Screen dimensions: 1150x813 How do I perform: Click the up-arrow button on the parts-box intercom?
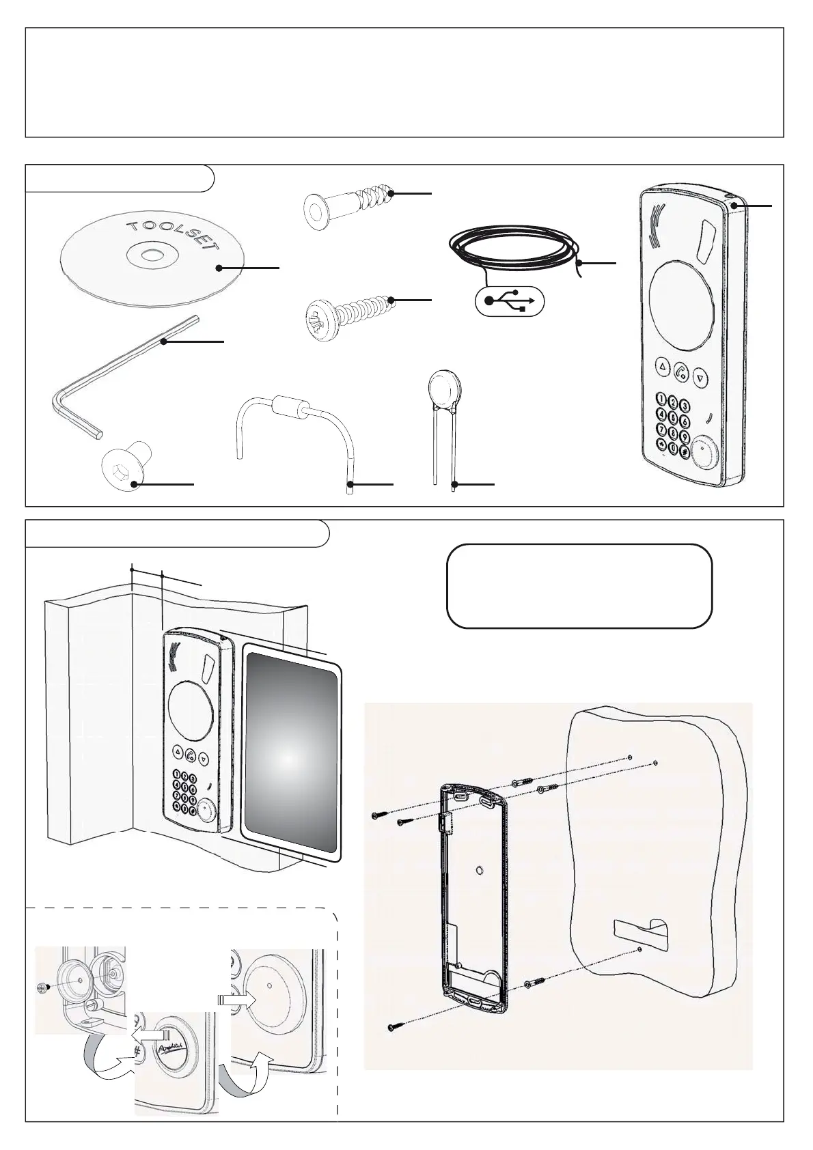click(x=662, y=367)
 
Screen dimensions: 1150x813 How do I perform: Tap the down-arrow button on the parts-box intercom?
click(x=698, y=376)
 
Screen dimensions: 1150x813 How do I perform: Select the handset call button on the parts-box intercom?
click(x=680, y=371)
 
